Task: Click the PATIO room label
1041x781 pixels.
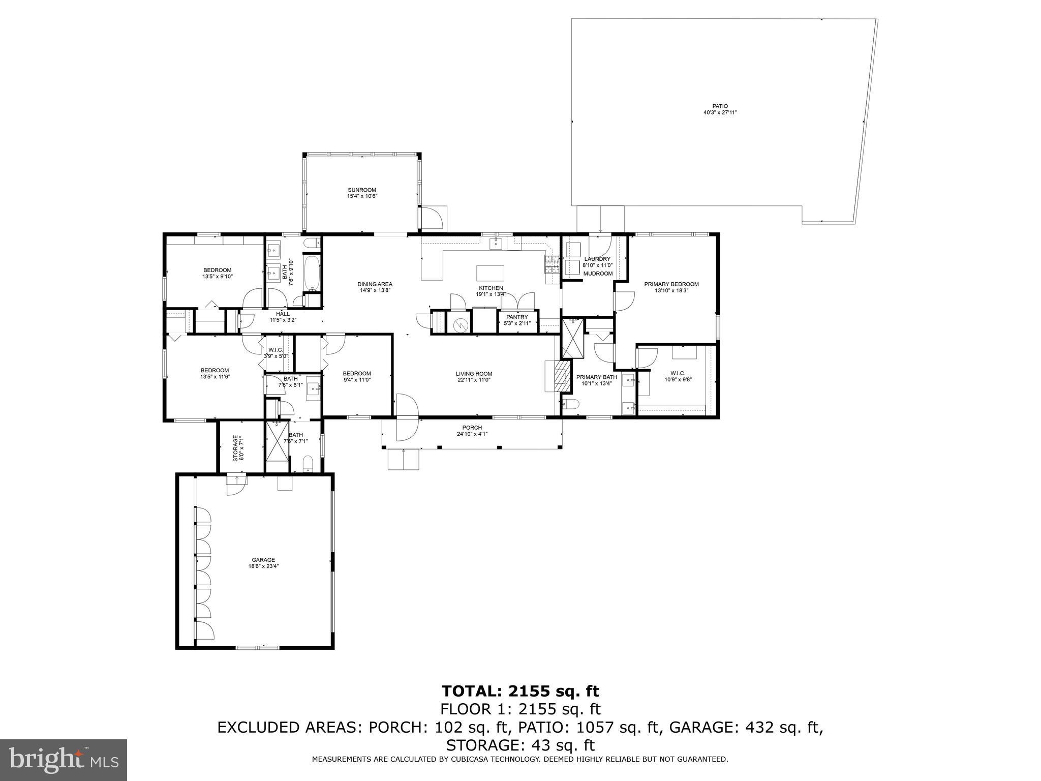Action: [x=720, y=106]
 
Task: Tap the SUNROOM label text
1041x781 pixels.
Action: [x=362, y=190]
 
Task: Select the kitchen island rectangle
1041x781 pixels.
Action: [x=490, y=273]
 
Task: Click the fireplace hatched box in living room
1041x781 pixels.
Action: [x=561, y=376]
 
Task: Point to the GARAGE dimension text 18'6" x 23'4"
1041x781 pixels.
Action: [x=263, y=565]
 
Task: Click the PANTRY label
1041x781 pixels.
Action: [x=517, y=317]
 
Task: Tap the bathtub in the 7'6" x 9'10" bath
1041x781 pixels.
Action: [x=311, y=273]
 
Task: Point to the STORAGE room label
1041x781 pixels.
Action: [x=235, y=447]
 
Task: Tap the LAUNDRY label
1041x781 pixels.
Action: [x=597, y=259]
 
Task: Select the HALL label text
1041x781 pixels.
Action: [x=283, y=314]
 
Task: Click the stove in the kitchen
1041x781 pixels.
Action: [x=552, y=263]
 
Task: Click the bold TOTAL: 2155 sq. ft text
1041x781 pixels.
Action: [x=520, y=691]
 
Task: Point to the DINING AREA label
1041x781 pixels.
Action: [x=375, y=284]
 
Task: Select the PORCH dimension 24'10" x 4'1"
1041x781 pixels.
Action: [x=472, y=434]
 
